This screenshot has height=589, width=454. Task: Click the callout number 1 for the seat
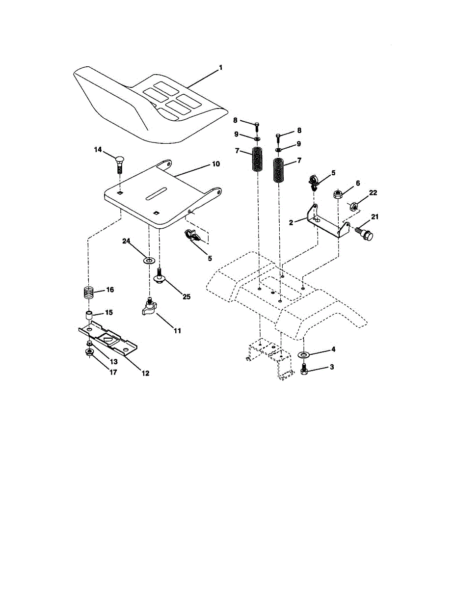tap(220, 67)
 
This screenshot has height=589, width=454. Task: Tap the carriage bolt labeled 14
tap(120, 164)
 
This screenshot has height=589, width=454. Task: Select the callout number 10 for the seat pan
tap(216, 164)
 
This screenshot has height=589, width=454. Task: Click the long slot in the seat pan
tap(156, 193)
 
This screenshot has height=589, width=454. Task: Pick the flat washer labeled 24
tap(149, 261)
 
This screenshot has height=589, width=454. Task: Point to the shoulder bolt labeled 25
tap(159, 276)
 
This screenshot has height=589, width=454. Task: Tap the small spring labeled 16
tap(88, 293)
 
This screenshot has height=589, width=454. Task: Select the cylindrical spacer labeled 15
tap(89, 316)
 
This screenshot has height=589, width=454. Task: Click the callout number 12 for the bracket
tap(146, 373)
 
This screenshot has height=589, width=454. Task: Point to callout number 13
tap(113, 362)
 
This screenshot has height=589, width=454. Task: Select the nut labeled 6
tap(338, 194)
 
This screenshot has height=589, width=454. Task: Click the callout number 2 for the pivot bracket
tap(291, 222)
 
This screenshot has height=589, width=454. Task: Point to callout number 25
tap(187, 296)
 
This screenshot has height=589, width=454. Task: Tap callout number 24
tap(126, 241)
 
